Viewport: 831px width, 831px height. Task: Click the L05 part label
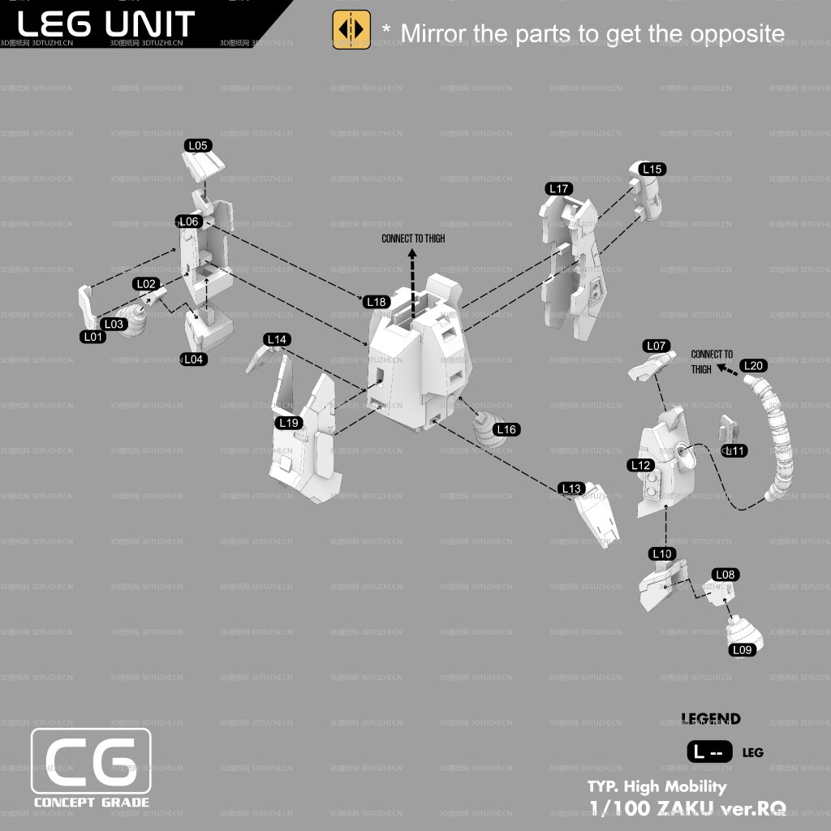click(x=198, y=146)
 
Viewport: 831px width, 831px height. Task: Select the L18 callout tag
click(x=377, y=302)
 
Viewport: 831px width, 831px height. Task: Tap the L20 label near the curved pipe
click(x=753, y=366)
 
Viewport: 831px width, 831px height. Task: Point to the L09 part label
click(x=743, y=650)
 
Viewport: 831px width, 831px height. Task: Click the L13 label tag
click(x=571, y=489)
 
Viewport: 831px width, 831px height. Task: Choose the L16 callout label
click(x=506, y=429)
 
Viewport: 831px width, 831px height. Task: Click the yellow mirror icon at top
click(x=351, y=30)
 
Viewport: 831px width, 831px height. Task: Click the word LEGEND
click(x=711, y=719)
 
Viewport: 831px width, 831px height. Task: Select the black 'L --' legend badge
click(x=709, y=752)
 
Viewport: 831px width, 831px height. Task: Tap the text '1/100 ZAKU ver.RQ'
click(x=687, y=807)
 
